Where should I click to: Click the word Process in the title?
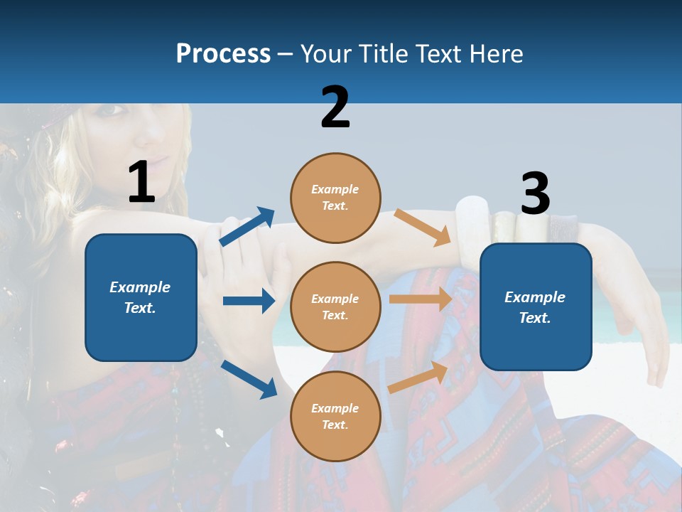click(x=223, y=54)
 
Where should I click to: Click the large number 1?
click(x=141, y=183)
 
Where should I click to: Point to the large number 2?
click(x=335, y=107)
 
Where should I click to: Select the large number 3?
click(x=535, y=194)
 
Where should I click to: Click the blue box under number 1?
click(x=141, y=297)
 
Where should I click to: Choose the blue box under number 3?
click(x=536, y=307)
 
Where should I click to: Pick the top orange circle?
click(x=335, y=198)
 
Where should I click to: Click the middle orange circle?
click(x=335, y=307)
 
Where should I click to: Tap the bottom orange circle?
click(x=335, y=416)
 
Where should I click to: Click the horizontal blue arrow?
click(x=249, y=301)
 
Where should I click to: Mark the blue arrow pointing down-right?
click(x=249, y=379)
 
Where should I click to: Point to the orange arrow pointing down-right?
click(x=423, y=227)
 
